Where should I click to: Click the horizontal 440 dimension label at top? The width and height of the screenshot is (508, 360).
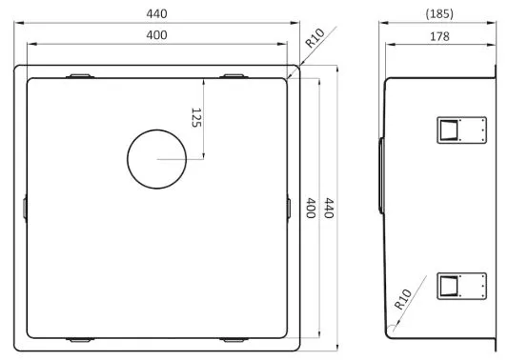[x=157, y=13]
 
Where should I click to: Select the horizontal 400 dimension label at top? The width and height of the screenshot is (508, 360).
[x=157, y=35]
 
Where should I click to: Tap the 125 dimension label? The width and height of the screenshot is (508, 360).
[x=196, y=118]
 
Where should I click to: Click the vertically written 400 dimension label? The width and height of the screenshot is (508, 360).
[x=311, y=209]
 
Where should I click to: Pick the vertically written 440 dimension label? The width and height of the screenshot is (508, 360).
[x=329, y=209]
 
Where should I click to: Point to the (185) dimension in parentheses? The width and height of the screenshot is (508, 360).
[x=439, y=14]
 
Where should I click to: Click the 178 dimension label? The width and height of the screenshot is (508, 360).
[x=439, y=36]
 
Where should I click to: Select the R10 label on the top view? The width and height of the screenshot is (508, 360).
[x=315, y=38]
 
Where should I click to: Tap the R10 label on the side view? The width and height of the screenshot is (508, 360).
[x=403, y=299]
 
